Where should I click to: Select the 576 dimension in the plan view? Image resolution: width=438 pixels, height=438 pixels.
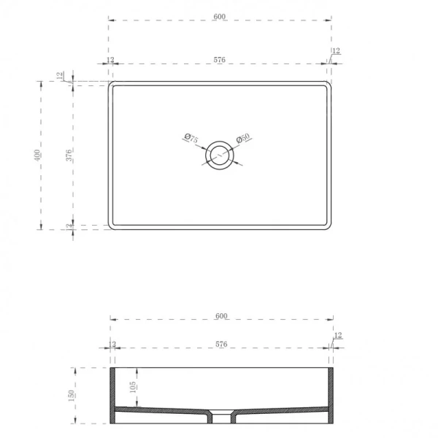coord(220,60)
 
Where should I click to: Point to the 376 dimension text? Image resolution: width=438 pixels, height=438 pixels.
coord(69,155)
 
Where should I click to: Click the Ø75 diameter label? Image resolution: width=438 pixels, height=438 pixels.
coord(191,139)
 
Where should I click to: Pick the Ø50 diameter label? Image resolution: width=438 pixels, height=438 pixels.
coord(243,139)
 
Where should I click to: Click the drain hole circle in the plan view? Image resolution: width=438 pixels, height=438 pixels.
coord(218,155)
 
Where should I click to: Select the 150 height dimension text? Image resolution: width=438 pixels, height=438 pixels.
coord(71,395)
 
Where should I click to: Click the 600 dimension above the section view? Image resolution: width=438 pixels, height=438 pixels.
coord(222,315)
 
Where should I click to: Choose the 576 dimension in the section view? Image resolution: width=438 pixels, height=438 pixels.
coord(222,343)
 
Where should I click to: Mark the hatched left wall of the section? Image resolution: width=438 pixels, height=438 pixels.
coord(113,394)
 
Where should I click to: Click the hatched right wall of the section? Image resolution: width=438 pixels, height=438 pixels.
coord(331,394)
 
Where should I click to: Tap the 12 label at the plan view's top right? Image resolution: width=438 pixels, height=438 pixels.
coord(336,50)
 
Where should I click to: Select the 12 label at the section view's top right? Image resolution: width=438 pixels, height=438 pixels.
coord(337,335)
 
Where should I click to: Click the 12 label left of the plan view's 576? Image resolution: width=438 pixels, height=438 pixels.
coord(110,60)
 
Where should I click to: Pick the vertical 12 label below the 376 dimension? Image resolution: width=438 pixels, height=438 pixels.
coord(69,227)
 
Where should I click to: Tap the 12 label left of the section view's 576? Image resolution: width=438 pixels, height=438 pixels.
coord(112,343)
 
